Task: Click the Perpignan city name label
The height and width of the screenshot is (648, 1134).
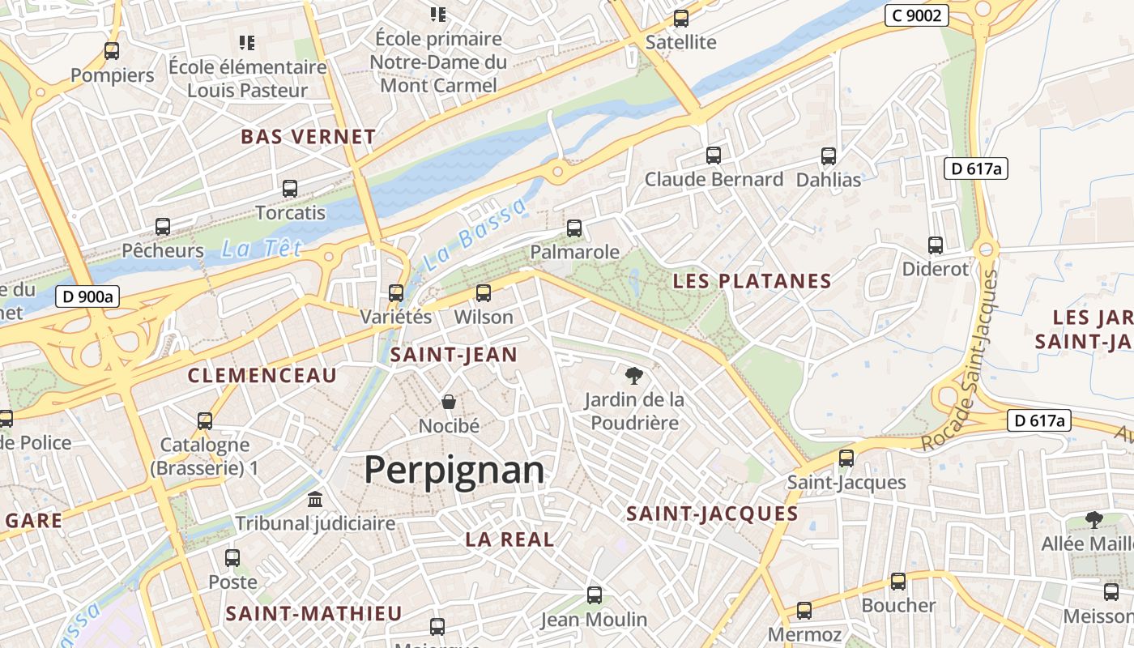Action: tap(454, 470)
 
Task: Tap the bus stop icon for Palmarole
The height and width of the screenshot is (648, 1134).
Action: tap(574, 228)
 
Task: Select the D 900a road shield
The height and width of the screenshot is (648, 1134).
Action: tap(88, 296)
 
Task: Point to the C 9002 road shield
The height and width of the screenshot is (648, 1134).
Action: tap(916, 15)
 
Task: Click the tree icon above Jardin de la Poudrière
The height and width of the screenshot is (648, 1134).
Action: tap(634, 375)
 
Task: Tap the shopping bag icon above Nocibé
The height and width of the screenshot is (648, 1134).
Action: tap(449, 402)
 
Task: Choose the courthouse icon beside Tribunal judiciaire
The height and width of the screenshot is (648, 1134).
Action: tap(315, 499)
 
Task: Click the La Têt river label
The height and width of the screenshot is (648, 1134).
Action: tap(261, 249)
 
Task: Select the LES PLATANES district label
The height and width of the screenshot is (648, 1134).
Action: tap(752, 281)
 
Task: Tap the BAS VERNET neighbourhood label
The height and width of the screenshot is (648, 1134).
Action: tap(309, 137)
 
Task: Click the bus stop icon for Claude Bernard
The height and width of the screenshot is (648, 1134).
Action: tap(714, 156)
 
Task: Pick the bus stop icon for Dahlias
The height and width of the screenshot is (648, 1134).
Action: tap(829, 156)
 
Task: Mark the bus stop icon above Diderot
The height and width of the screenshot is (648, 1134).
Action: tap(936, 245)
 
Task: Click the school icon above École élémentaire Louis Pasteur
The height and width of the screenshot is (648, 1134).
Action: tap(247, 42)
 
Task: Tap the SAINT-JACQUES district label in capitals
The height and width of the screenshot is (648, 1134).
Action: tap(713, 514)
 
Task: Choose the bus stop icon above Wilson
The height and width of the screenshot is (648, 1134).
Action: tap(484, 293)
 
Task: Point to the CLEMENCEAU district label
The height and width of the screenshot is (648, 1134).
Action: tap(262, 375)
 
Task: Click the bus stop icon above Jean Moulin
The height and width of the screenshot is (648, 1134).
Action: tap(595, 595)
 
